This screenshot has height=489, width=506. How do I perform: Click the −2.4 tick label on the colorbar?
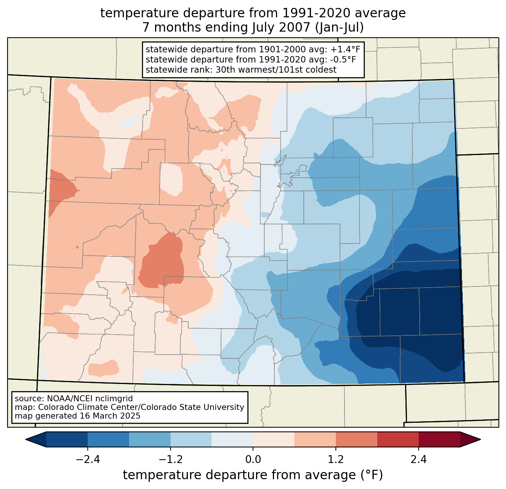pyautogui.click(x=87, y=460)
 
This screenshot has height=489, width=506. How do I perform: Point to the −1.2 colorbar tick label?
pyautogui.click(x=170, y=460)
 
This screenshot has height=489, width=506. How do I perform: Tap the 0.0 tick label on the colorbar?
pyautogui.click(x=253, y=460)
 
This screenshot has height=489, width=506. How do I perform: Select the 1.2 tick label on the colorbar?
pyautogui.click(x=336, y=460)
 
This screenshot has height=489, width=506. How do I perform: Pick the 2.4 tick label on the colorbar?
pyautogui.click(x=419, y=460)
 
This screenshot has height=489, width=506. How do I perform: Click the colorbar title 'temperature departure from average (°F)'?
pyautogui.click(x=253, y=475)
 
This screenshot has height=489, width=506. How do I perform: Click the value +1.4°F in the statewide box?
pyautogui.click(x=345, y=50)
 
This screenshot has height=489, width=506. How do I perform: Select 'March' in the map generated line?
pyautogui.click(x=107, y=416)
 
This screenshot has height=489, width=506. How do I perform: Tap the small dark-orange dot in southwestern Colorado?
pyautogui.click(x=77, y=247)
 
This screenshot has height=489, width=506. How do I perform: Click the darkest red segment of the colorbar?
pyautogui.click(x=439, y=439)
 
